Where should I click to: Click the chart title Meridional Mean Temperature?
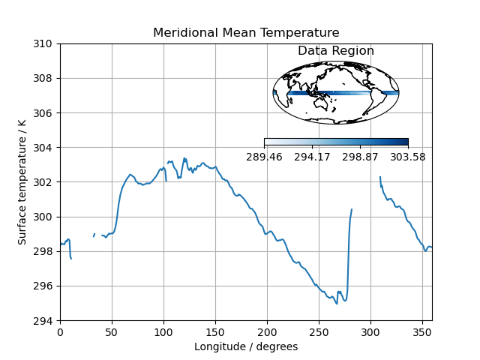[x=246, y=33]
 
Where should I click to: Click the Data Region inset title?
[x=336, y=51]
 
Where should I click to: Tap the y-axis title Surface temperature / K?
[x=22, y=182]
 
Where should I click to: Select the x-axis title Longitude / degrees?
[x=246, y=346]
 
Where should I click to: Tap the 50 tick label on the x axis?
[x=112, y=331]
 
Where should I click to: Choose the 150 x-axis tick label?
[x=215, y=331]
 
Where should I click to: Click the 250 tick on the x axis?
[x=319, y=331]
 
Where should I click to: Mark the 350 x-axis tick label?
[x=422, y=331]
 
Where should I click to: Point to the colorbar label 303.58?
[x=408, y=157]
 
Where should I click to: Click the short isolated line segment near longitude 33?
[x=94, y=235]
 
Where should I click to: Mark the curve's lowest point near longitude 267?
[x=337, y=303]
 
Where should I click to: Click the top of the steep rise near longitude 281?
[x=351, y=210]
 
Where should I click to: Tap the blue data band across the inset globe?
[x=330, y=93]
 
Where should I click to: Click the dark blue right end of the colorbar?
[x=403, y=142]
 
